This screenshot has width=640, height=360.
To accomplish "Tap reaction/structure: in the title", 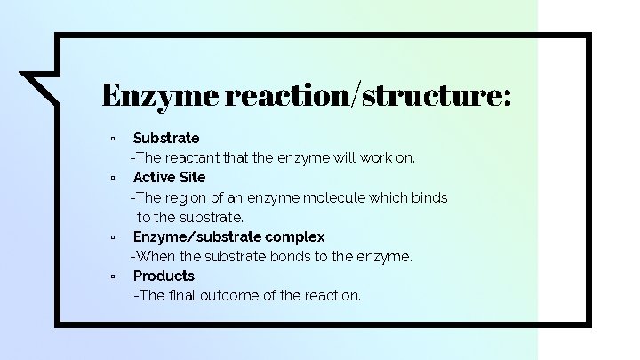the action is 369,94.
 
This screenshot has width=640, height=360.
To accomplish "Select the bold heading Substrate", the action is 166,138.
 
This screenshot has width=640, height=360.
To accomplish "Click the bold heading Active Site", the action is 169,177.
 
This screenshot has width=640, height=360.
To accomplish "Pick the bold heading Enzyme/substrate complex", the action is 228,236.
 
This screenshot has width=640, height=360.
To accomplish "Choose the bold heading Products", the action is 164,276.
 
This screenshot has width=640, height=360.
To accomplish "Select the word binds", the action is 430,197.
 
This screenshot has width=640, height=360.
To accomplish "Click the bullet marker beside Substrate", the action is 113,139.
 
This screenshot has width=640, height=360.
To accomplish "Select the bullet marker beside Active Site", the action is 113,178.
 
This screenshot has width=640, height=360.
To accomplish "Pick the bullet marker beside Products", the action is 113,276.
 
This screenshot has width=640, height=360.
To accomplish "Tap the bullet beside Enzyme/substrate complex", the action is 113,237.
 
